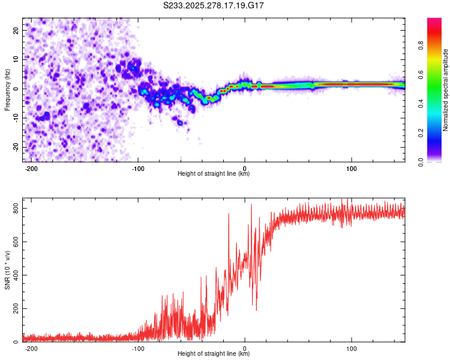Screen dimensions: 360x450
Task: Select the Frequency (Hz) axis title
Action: tap(7, 90)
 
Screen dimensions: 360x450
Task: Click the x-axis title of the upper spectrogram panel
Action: tap(214, 174)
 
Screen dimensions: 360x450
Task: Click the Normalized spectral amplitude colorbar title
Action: tap(446, 90)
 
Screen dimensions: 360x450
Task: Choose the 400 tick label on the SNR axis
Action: tap(14, 275)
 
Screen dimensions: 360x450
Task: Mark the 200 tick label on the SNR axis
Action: tap(14, 309)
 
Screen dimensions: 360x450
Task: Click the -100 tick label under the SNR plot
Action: tap(137, 348)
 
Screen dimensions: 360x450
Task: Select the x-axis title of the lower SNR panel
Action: tap(214, 354)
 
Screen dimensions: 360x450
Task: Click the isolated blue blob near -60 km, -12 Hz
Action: tap(180, 122)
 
